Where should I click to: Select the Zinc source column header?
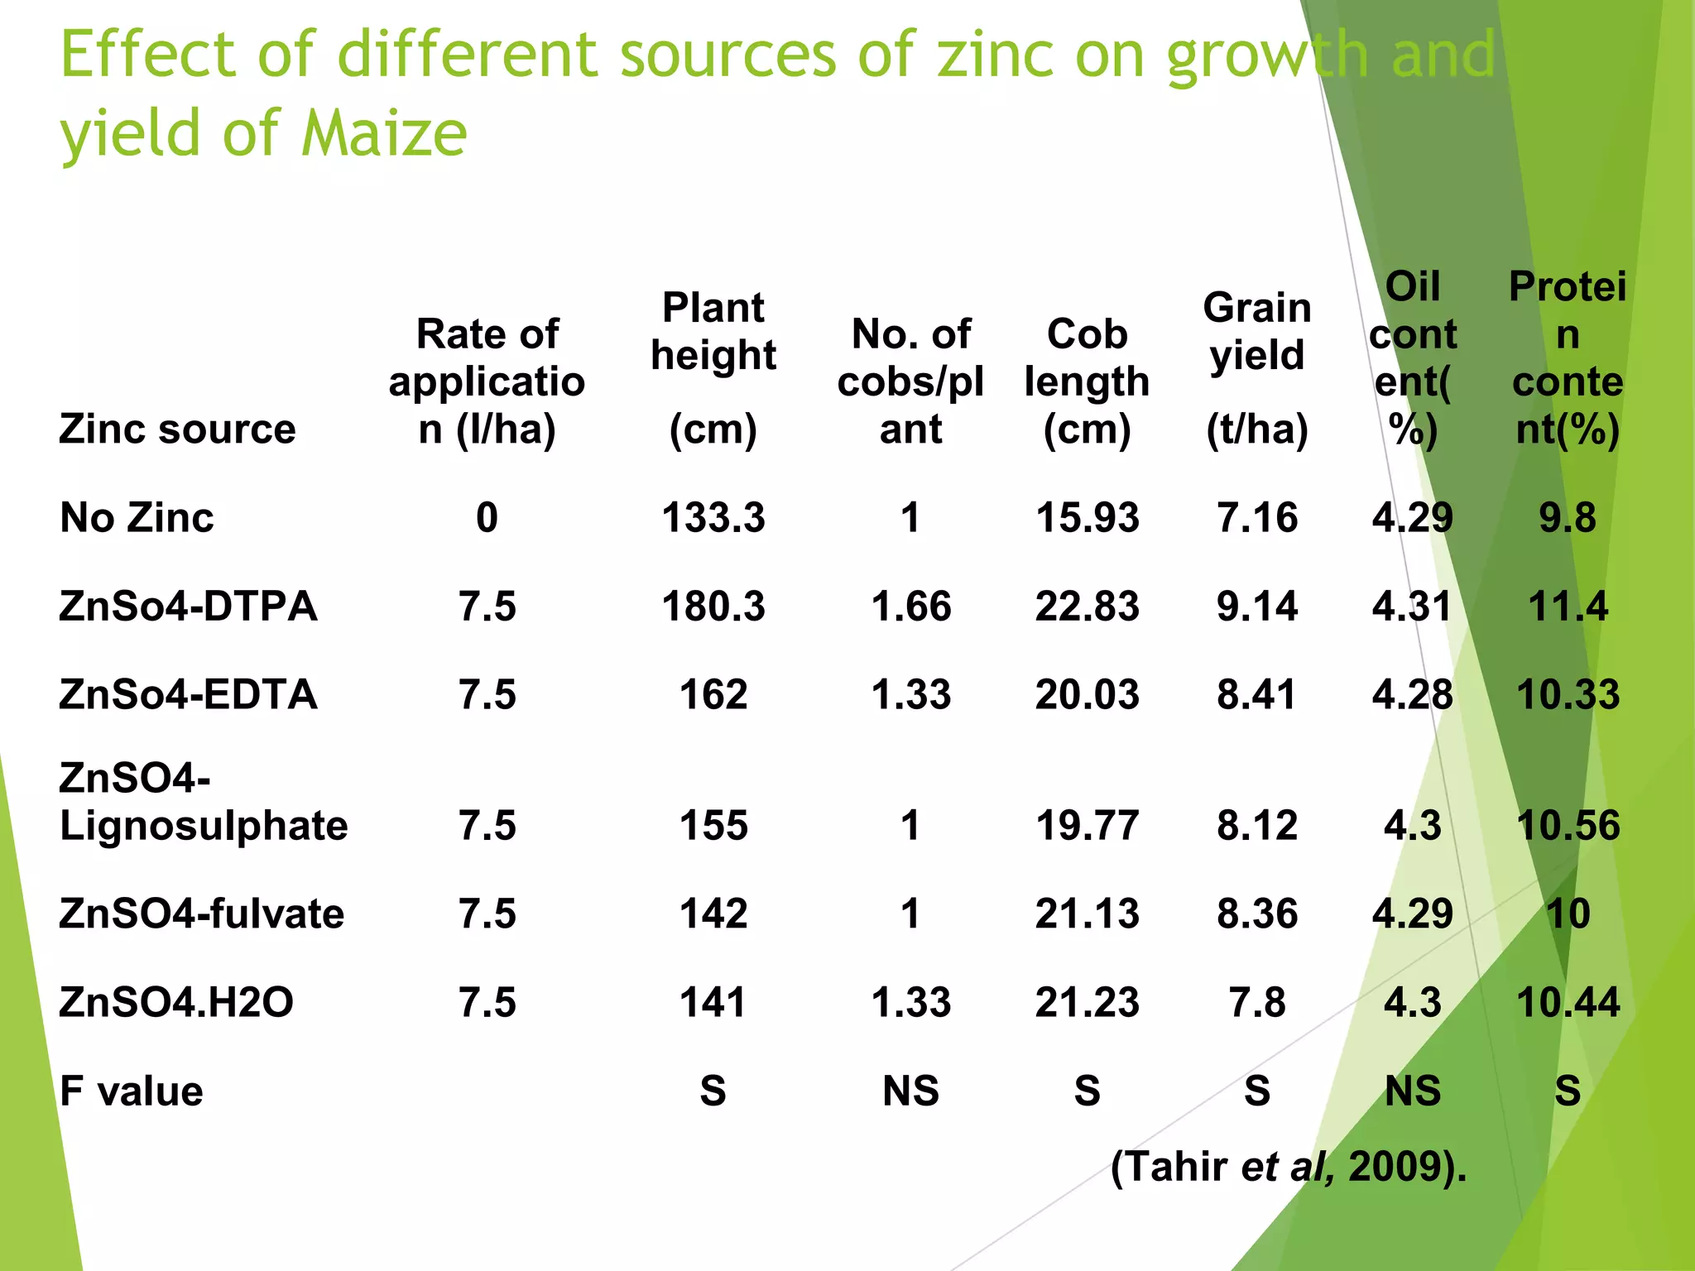point(177,429)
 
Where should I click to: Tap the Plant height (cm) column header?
point(713,367)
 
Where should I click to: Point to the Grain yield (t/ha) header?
point(1257,367)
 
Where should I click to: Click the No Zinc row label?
point(137,518)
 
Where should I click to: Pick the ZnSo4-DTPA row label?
point(188,606)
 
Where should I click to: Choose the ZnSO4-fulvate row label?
point(202,914)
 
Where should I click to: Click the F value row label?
point(132,1091)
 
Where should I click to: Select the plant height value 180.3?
point(713,606)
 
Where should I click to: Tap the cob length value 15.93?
point(1088,518)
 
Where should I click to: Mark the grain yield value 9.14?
point(1257,606)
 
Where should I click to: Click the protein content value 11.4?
point(1568,606)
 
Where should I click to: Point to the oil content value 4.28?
point(1413,694)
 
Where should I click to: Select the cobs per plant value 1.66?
point(911,606)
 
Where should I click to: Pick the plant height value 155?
point(713,826)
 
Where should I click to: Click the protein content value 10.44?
point(1568,1002)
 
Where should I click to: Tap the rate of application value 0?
point(487,518)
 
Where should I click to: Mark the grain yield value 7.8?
point(1257,1002)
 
